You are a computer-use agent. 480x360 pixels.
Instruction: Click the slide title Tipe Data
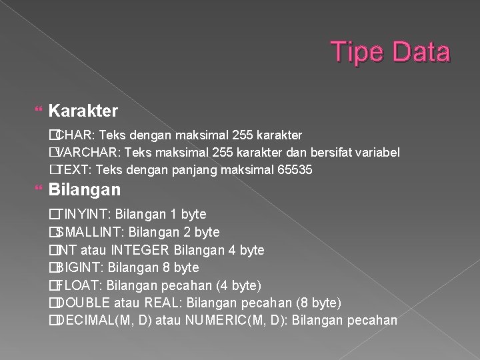[x=391, y=52]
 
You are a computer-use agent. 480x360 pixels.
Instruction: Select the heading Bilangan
[x=85, y=189]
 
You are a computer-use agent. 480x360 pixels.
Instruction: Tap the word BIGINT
[x=79, y=267]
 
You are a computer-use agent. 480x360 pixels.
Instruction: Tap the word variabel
[x=377, y=153]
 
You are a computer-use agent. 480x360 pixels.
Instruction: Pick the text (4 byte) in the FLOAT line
[x=239, y=285]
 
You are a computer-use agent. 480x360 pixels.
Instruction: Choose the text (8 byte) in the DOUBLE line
[x=318, y=303]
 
